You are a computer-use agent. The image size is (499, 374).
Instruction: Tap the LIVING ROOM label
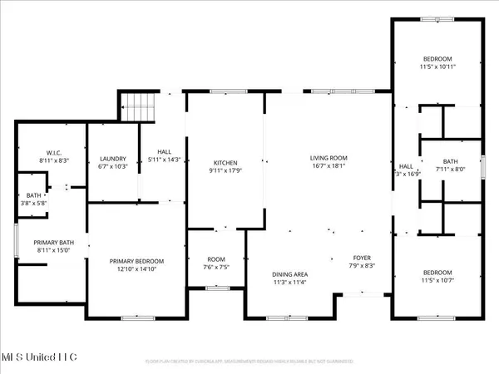329,157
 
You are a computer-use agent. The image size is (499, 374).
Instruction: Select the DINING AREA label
290,274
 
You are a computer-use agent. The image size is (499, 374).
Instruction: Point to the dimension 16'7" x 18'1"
329,165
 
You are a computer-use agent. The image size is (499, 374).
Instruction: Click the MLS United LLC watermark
39,357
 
